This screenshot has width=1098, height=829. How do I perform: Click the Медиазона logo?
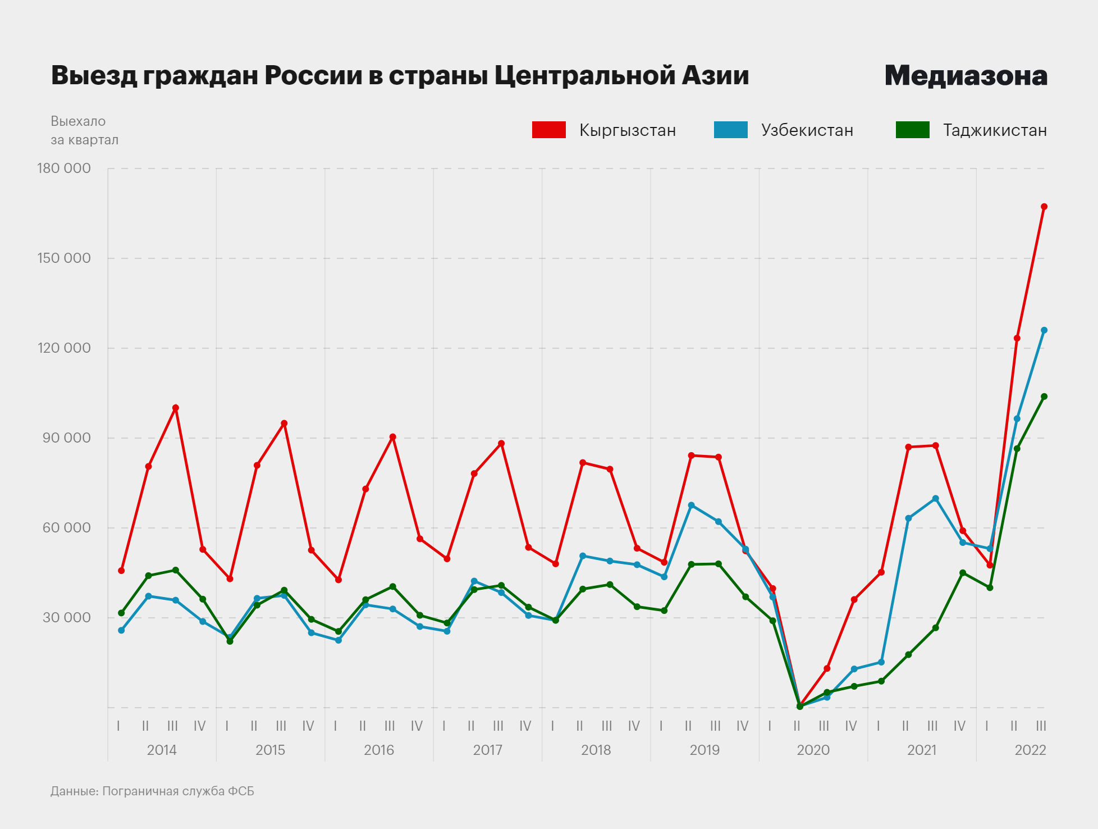966,76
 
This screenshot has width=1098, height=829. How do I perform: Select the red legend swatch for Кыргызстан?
548,130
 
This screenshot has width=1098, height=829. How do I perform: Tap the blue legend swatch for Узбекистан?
730,130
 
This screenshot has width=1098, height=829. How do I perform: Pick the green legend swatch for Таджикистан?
912,130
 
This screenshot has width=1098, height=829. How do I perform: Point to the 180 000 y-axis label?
64,168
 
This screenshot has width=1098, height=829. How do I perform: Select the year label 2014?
162,750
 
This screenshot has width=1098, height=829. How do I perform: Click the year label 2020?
813,750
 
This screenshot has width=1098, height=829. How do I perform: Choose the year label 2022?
1030,750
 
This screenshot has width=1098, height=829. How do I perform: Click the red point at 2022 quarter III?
1044,207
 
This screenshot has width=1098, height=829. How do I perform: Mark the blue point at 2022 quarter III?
1044,330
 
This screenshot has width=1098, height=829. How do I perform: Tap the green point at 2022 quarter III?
1044,397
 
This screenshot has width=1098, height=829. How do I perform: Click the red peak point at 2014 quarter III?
175,408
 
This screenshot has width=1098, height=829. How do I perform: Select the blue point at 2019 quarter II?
691,505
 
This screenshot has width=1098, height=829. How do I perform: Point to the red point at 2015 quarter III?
284,423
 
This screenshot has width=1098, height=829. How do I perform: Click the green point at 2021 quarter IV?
962,573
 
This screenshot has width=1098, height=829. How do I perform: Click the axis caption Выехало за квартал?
84,130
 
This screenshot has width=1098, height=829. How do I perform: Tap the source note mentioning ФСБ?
152,791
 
